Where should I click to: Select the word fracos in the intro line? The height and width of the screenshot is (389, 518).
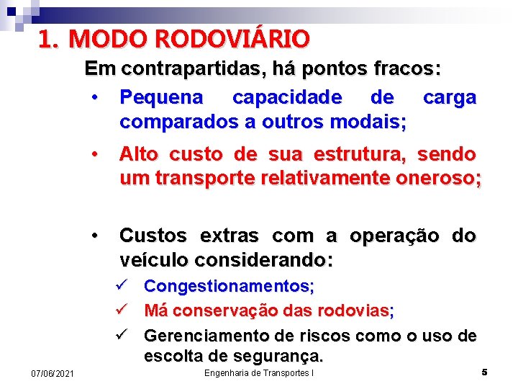[408, 69]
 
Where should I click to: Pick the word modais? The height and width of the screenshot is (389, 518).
[368, 122]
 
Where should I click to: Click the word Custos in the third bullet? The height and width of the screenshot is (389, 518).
[155, 236]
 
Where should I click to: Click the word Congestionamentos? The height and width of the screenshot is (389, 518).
[229, 286]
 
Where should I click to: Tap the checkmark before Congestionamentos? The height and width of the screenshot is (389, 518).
[121, 286]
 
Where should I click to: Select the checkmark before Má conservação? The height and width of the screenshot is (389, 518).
[121, 310]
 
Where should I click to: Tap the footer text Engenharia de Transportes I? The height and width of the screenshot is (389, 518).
[259, 372]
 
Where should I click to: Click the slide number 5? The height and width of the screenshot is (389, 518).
[484, 372]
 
